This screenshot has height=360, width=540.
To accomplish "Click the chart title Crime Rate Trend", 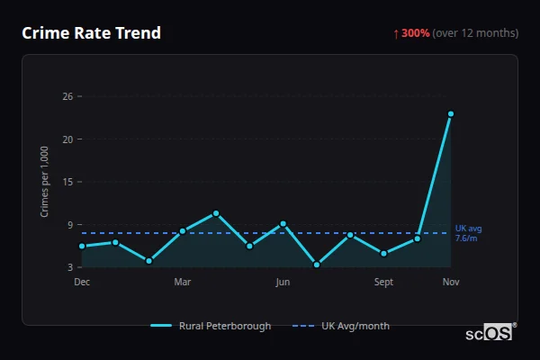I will [x=92, y=33].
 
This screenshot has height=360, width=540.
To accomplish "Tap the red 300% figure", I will [x=416, y=33].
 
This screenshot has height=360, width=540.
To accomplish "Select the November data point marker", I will [x=451, y=114].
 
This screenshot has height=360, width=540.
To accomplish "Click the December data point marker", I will [x=82, y=246].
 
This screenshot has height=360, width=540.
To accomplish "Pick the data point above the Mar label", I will [x=183, y=231].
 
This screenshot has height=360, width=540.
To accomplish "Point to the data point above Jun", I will [x=283, y=223].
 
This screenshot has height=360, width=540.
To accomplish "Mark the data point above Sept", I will [x=383, y=253].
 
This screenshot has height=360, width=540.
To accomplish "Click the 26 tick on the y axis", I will [x=67, y=96].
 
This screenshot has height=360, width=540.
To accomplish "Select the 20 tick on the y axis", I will [x=67, y=139].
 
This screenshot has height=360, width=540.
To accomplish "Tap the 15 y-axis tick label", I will [x=67, y=182].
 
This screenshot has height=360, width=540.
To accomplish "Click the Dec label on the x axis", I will [x=82, y=283].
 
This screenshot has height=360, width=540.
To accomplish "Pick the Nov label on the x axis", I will [x=451, y=283].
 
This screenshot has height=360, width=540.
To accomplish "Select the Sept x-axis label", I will [x=383, y=283].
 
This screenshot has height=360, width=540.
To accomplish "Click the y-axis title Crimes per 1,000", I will [x=44, y=182].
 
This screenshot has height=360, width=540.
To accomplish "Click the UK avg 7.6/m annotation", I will [x=468, y=233].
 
